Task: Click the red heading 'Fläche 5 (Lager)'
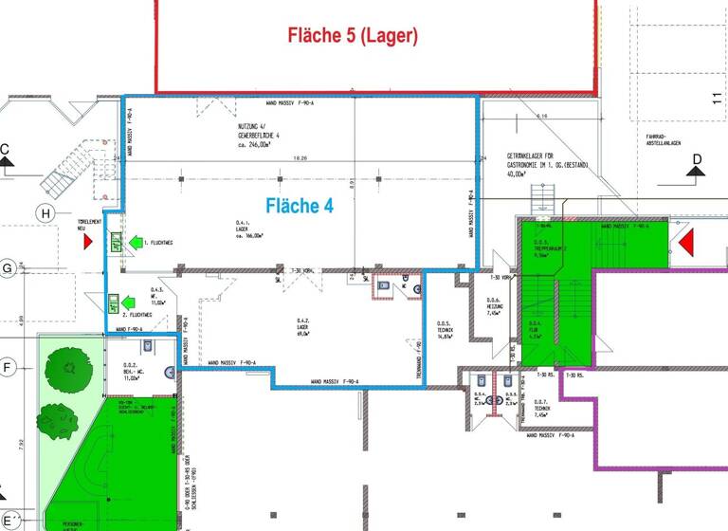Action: point(353,36)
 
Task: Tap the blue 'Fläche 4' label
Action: point(299,204)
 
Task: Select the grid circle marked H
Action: point(45,213)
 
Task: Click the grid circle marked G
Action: point(8,268)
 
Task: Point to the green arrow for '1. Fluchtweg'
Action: point(137,243)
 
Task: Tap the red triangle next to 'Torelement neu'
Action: point(88,242)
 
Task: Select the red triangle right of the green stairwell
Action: point(685,244)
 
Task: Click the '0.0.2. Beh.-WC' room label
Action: point(131,373)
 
